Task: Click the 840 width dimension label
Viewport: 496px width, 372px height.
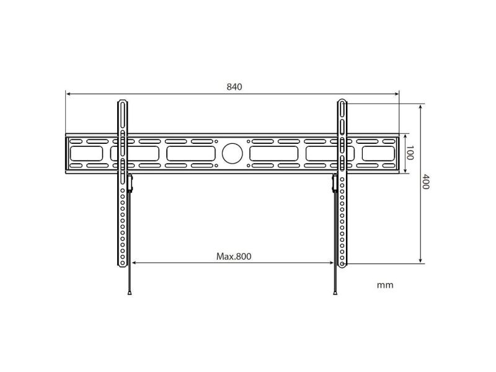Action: point(234,87)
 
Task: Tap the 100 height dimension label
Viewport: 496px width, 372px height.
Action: point(410,153)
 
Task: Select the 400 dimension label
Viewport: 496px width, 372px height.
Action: point(426,182)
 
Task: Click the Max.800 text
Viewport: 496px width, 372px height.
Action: point(234,256)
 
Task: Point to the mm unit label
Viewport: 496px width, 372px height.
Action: point(385,285)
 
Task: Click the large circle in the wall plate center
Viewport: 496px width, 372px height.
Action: point(232,153)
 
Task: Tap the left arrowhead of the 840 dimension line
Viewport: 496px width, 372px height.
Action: point(68,94)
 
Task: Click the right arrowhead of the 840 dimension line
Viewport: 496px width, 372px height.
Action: point(396,94)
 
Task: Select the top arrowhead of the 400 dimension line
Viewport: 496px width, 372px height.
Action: point(420,107)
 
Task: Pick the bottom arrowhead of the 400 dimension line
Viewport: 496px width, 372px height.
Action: point(420,260)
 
